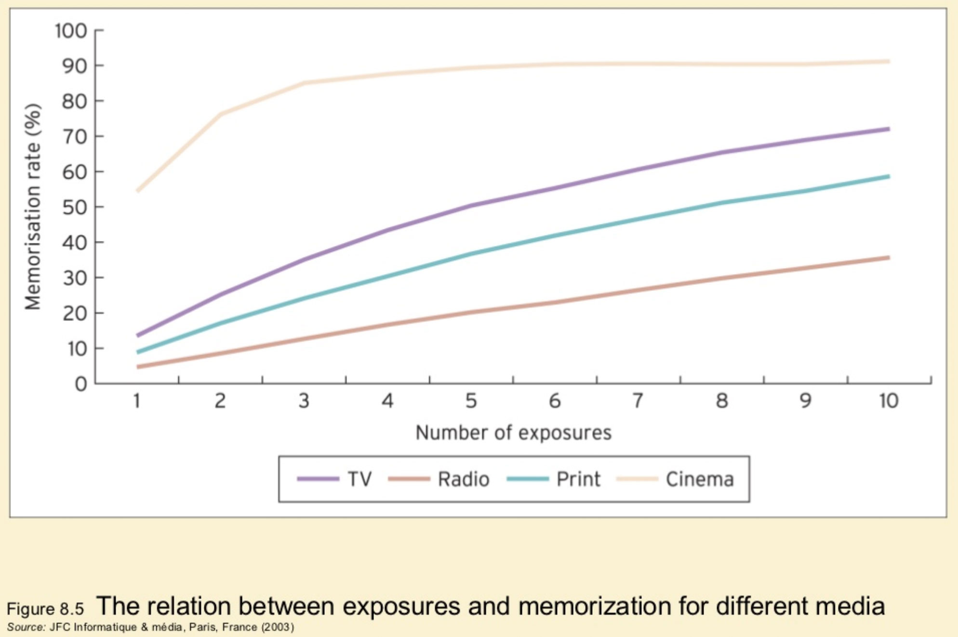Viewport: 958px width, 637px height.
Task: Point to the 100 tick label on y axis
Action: coord(70,31)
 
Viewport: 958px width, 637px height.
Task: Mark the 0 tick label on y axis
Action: coord(81,384)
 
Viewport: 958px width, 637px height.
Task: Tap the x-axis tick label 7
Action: coord(638,400)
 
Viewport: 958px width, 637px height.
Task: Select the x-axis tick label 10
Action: coord(888,400)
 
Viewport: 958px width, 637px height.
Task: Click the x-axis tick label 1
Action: coord(137,400)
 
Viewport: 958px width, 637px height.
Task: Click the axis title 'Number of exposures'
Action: coord(513,432)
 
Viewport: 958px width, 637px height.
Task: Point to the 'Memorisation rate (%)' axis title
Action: coord(33,207)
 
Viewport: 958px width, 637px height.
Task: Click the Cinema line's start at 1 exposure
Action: coord(138,191)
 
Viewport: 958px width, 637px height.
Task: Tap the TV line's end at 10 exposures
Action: coord(888,129)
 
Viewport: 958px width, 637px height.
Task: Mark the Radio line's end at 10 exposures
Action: coord(888,258)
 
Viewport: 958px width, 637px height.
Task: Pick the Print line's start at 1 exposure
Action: coord(138,352)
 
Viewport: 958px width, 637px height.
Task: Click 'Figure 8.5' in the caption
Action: coord(45,609)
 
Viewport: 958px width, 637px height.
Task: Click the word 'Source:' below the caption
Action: coord(26,627)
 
